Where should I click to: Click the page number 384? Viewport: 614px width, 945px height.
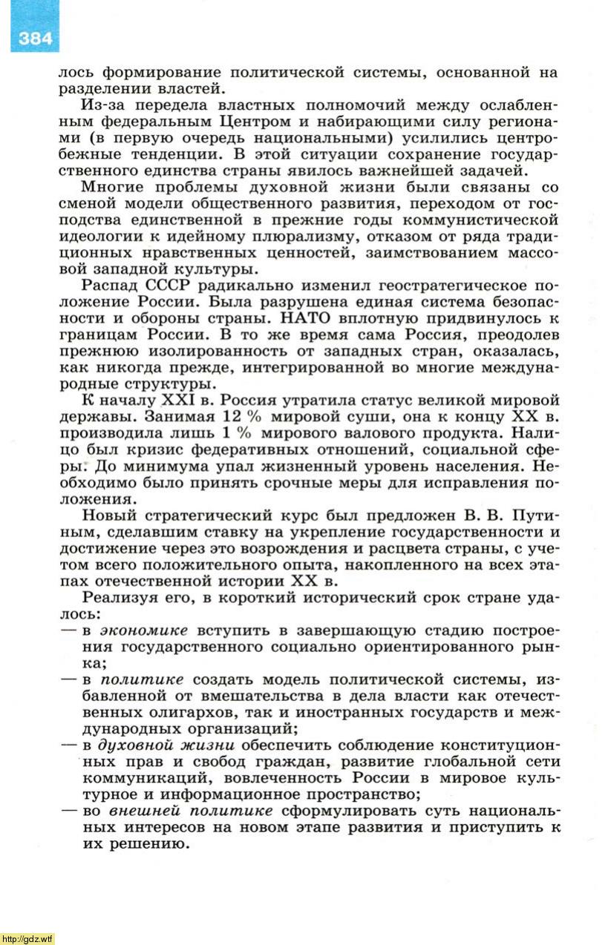(35, 38)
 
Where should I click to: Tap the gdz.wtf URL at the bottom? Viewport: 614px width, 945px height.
(27, 938)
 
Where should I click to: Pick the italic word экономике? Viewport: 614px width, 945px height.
(144, 630)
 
